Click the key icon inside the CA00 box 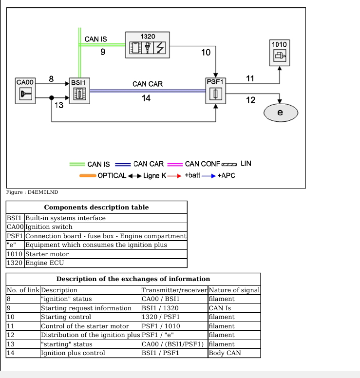coord(25,94)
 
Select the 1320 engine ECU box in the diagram coord(147,45)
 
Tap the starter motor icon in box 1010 coord(280,56)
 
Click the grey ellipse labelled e coord(281,113)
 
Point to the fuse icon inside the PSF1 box coord(216,94)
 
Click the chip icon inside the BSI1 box coord(79,94)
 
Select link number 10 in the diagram coord(206,52)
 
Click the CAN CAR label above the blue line coord(148,84)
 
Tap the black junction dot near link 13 coord(52,97)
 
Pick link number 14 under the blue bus coord(146,98)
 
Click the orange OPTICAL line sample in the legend coord(88,176)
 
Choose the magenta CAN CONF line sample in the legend coord(175,165)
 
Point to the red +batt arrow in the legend coord(174,176)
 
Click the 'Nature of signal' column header coord(234,290)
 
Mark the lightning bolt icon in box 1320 coord(160,47)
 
